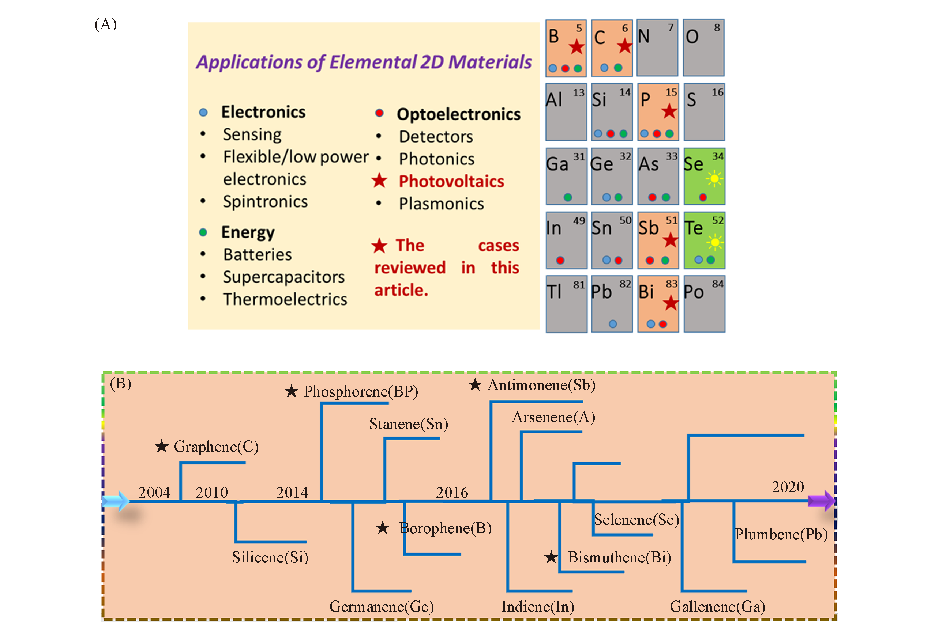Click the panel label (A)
click(105, 24)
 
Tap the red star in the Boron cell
click(576, 47)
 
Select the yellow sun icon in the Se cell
click(714, 178)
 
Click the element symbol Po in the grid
click(694, 292)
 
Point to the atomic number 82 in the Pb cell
click(625, 284)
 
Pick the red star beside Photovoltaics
click(379, 181)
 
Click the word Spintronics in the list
click(265, 201)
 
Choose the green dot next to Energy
click(203, 232)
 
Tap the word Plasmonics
click(441, 204)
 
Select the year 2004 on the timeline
click(154, 493)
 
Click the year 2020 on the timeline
click(788, 487)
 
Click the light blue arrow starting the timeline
click(116, 501)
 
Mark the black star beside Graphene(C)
click(162, 447)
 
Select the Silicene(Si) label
click(270, 557)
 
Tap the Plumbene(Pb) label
click(781, 534)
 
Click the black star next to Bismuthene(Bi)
click(551, 557)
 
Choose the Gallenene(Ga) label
click(717, 606)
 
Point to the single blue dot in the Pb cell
click(613, 324)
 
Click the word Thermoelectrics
click(285, 299)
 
